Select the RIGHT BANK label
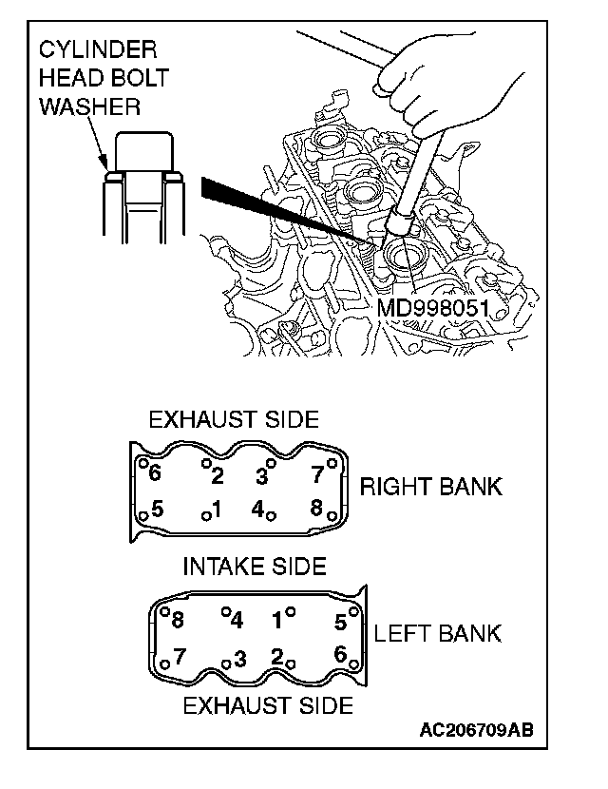click(x=430, y=488)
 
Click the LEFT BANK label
click(x=438, y=633)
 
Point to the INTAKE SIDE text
click(x=254, y=567)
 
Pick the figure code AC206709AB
click(x=476, y=730)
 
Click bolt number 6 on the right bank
click(x=155, y=472)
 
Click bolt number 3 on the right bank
click(x=259, y=473)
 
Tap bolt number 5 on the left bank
click(x=340, y=623)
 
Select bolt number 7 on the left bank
click(x=179, y=655)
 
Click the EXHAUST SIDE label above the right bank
click(x=233, y=418)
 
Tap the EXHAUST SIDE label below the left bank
click(x=267, y=705)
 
